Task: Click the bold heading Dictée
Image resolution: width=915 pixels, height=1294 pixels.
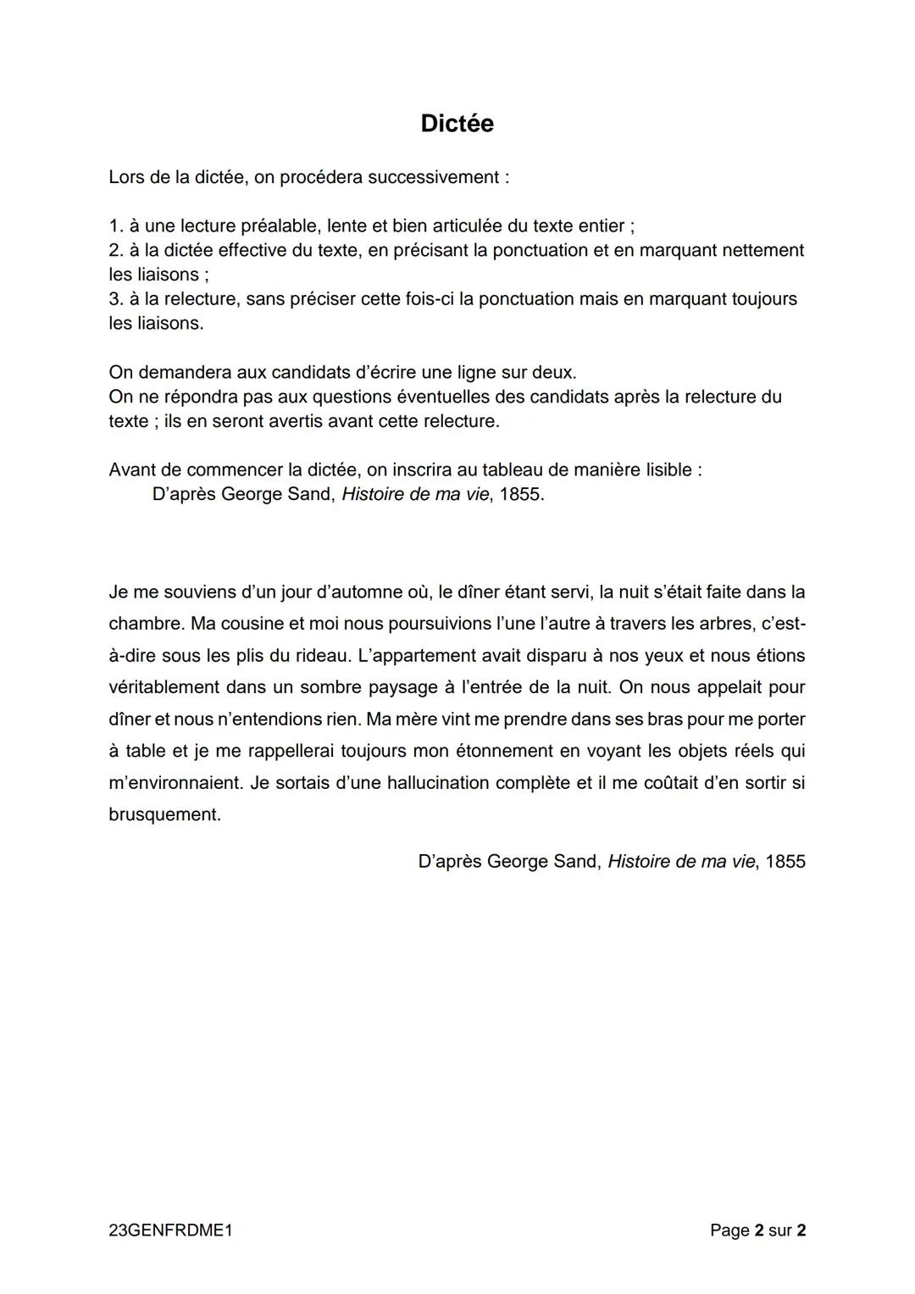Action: (457, 124)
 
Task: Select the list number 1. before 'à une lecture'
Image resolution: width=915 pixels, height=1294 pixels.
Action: (116, 226)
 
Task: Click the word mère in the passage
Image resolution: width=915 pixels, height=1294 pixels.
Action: (412, 719)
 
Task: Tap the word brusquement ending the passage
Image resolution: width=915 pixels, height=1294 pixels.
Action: (164, 815)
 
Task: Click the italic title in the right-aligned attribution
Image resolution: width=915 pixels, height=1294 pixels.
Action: (680, 862)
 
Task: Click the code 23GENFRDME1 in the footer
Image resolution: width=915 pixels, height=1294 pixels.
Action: (170, 1230)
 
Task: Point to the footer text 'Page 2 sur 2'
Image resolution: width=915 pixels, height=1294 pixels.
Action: (757, 1230)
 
